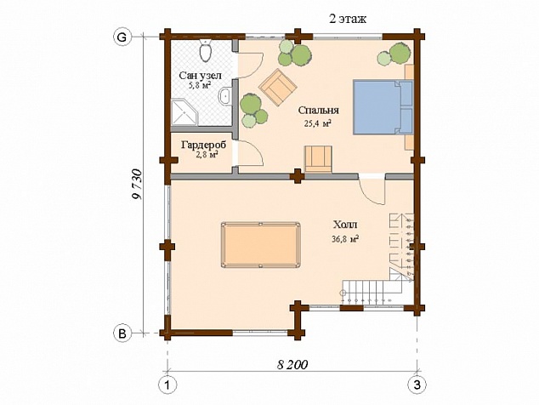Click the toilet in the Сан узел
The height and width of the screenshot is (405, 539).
205,50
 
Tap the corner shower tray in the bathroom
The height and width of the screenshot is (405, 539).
184,112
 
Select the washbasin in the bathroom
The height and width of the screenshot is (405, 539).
224,95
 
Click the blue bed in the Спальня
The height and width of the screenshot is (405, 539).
383,107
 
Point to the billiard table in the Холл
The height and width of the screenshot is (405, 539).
260,245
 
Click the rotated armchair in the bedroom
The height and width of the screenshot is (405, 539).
278,88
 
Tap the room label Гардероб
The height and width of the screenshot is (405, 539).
204,145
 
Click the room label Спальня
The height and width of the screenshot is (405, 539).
318,110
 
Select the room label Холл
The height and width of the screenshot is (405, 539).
345,225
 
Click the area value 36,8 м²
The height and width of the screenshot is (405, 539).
345,239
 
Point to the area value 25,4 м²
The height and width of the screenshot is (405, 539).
318,124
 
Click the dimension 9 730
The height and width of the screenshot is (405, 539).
137,185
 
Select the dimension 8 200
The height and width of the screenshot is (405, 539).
292,365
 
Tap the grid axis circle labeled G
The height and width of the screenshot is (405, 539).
122,37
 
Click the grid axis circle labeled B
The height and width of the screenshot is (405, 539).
122,333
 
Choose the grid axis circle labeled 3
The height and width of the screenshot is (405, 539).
417,385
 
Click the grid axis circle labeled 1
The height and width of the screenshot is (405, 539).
167,385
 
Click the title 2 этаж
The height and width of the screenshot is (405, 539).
348,19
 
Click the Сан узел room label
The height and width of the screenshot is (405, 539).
201,76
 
